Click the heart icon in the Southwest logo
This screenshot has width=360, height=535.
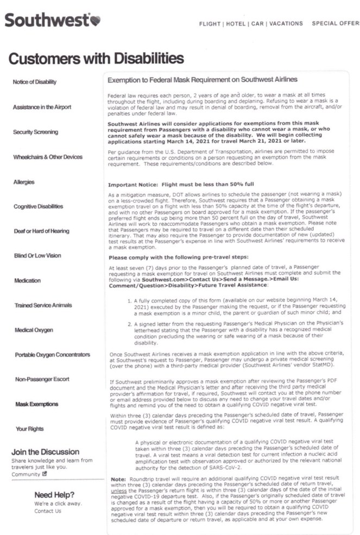pyautogui.click(x=95, y=21)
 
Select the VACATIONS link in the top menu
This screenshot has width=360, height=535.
pyautogui.click(x=286, y=24)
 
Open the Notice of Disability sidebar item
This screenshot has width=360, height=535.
pyautogui.click(x=34, y=82)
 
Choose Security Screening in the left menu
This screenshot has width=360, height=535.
pyautogui.click(x=36, y=132)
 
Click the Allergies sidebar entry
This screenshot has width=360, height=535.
pyautogui.click(x=24, y=182)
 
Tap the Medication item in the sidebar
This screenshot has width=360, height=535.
pyautogui.click(x=27, y=281)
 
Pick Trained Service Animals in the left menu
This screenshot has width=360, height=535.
pyautogui.click(x=42, y=305)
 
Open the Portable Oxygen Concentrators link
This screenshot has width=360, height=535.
pyautogui.click(x=52, y=355)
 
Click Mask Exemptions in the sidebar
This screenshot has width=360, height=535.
pyautogui.click(x=36, y=405)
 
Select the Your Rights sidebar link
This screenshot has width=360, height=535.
pyautogui.click(x=29, y=429)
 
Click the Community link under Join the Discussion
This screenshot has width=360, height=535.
pyautogui.click(x=26, y=474)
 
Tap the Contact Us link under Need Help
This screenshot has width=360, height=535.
pyautogui.click(x=48, y=511)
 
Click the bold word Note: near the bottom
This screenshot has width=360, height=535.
pyautogui.click(x=118, y=479)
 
